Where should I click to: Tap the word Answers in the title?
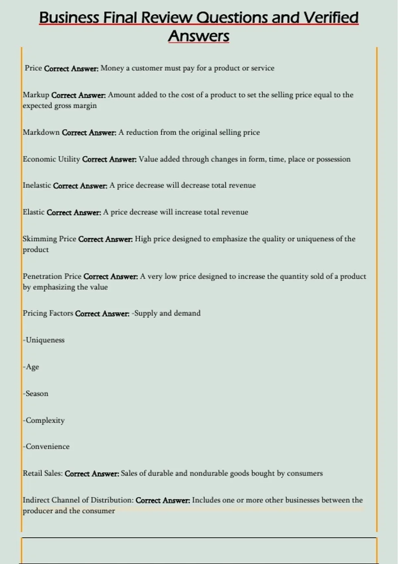tap(199, 36)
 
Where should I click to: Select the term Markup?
tap(36, 95)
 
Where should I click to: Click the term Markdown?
tap(41, 132)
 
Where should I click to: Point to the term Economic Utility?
tap(51, 159)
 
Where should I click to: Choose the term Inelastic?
tap(37, 185)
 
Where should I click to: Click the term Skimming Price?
tap(49, 239)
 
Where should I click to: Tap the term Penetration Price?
tap(52, 276)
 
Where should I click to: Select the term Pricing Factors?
tap(48, 314)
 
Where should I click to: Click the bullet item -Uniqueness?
tap(44, 340)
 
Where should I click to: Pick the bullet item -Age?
tap(31, 367)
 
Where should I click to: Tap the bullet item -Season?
tap(36, 394)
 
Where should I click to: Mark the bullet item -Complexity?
tap(44, 420)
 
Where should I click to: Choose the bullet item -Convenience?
tap(46, 447)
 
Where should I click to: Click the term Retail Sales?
tap(42, 473)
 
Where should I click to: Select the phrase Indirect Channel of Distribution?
tap(78, 500)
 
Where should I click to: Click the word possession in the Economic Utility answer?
tap(333, 159)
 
